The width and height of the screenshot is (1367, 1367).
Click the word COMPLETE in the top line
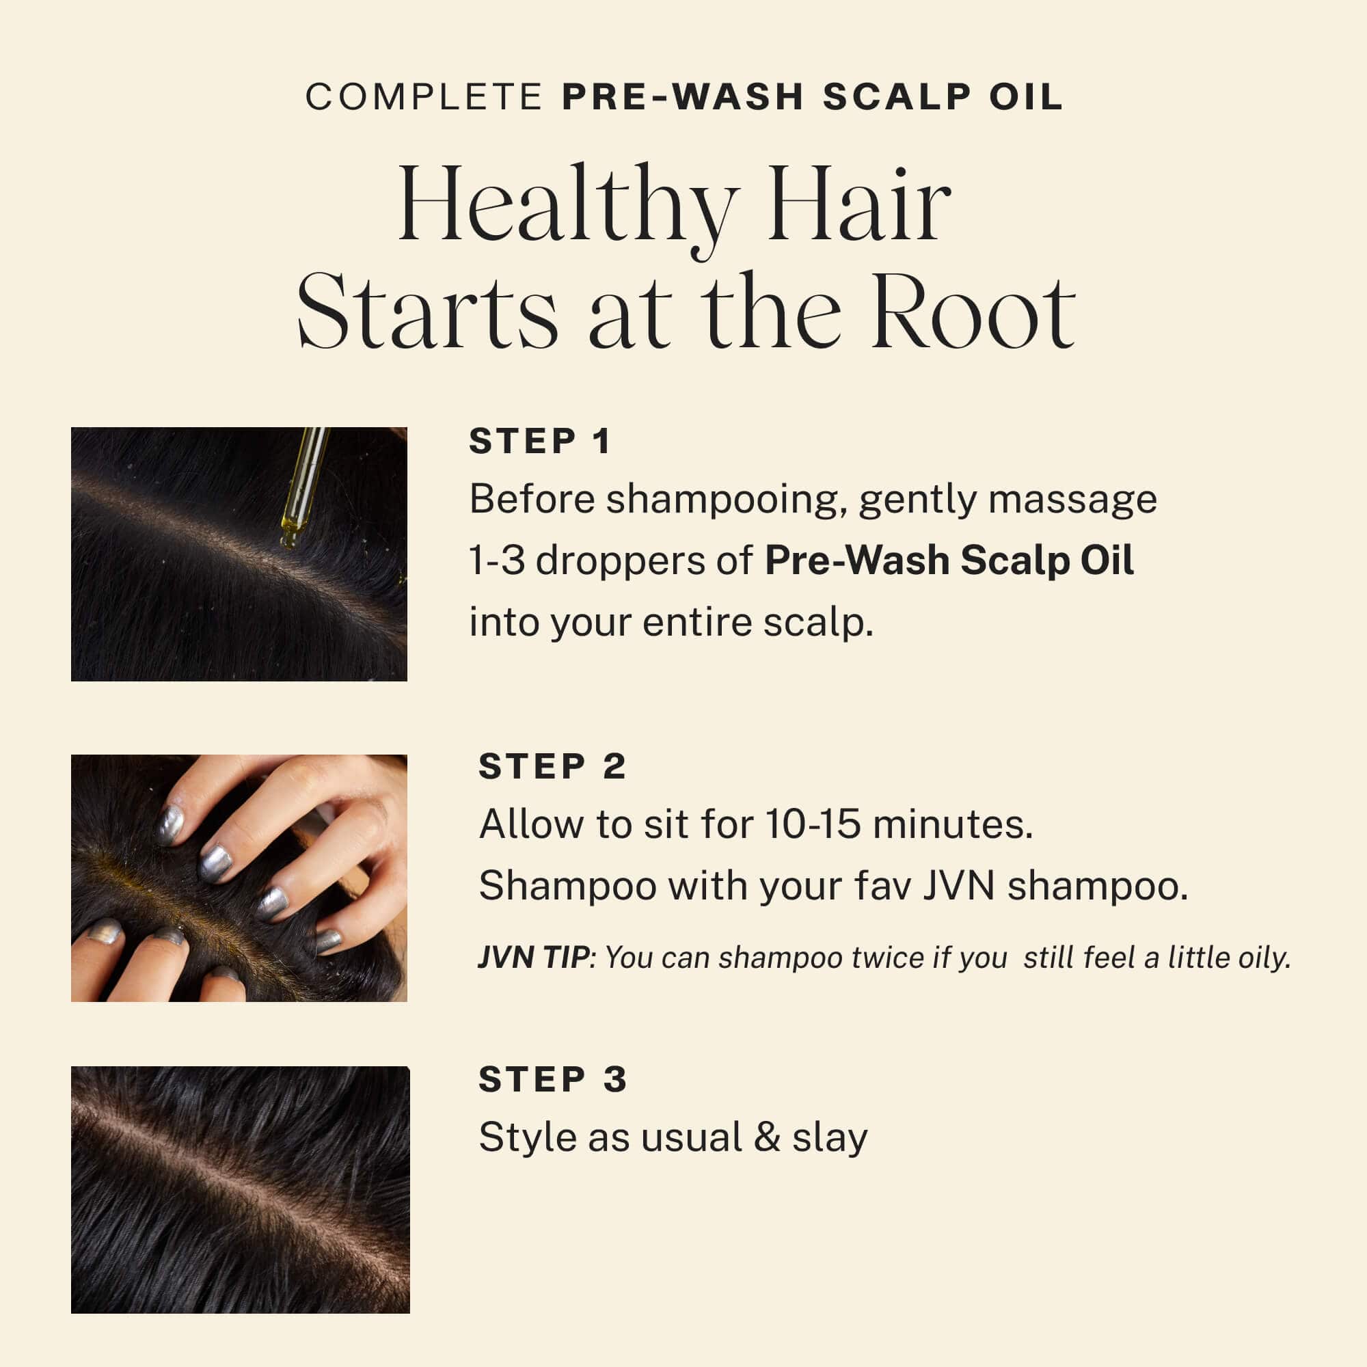[x=423, y=97]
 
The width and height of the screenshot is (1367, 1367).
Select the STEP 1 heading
[x=540, y=442]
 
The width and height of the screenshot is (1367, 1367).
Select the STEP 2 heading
[x=552, y=766]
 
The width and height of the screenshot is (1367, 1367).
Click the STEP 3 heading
[x=552, y=1080]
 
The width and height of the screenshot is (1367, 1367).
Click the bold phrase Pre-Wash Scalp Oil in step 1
[x=949, y=560]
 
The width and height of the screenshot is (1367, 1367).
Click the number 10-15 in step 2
[x=813, y=824]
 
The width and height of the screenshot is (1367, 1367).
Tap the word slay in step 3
[x=829, y=1138]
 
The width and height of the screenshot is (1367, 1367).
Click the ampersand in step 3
[x=767, y=1138]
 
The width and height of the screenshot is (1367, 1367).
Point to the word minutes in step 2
[x=952, y=824]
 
